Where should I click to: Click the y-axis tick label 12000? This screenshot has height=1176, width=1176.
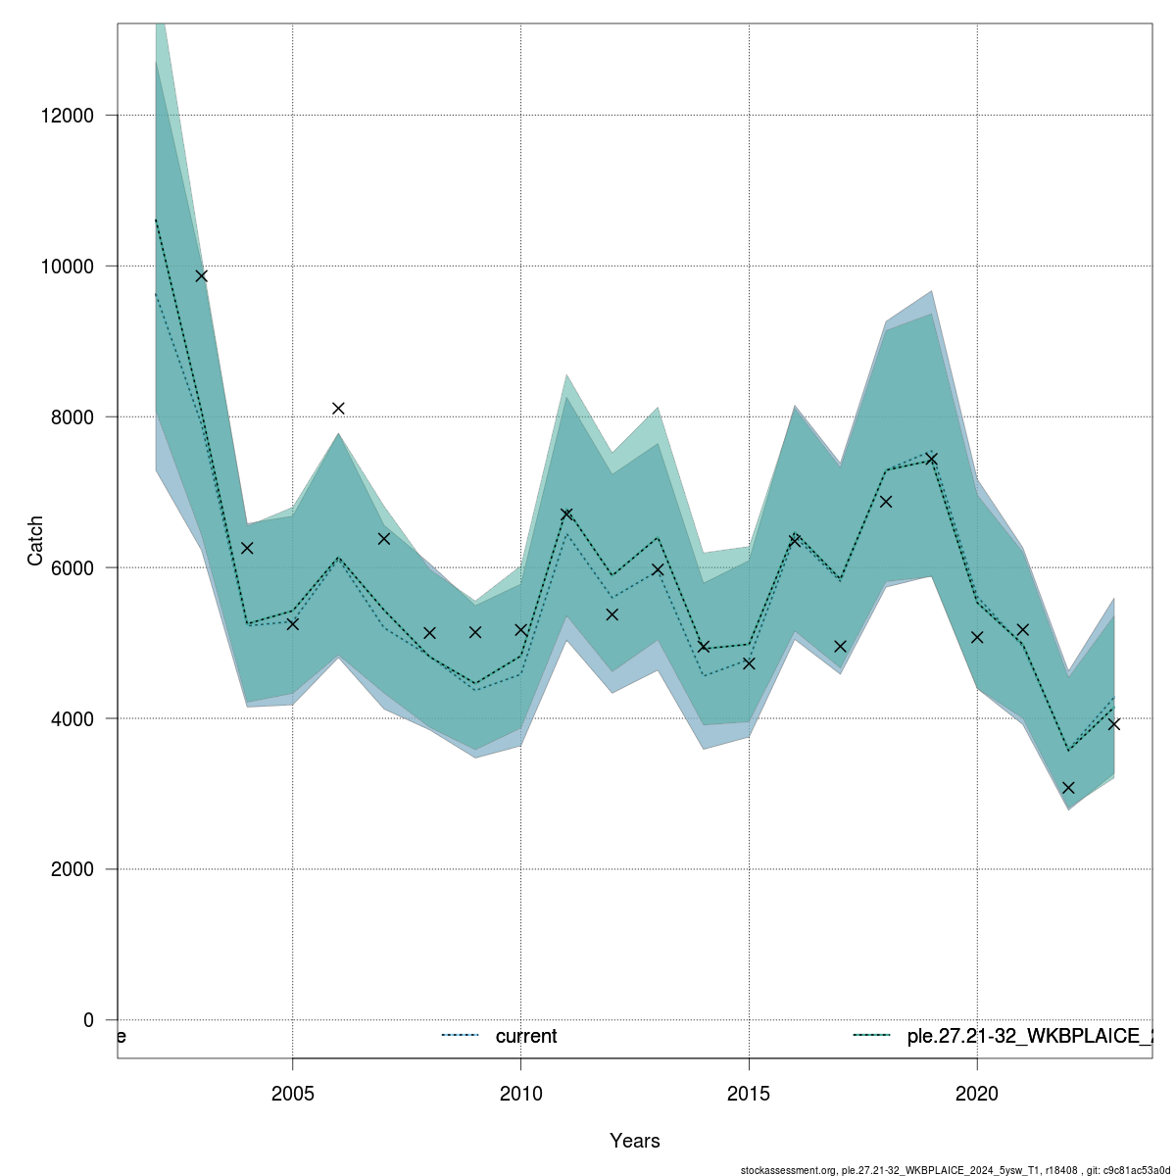(67, 116)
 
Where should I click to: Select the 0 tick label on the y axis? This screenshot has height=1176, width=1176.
(88, 1020)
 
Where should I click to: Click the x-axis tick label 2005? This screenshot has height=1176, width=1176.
(292, 1093)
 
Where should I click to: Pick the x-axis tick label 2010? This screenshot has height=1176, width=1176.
(520, 1093)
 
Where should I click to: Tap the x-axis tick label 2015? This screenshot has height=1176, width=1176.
(749, 1093)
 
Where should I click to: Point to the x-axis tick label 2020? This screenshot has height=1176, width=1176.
(977, 1093)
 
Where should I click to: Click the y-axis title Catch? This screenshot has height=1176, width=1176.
(35, 541)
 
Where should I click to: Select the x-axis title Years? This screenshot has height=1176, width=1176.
(634, 1141)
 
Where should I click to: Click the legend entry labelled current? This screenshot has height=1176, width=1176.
(525, 1036)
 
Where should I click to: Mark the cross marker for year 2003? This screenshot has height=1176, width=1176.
(201, 275)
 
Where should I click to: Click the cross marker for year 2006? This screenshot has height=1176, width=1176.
(338, 408)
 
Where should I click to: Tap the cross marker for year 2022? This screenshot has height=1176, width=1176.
(1068, 788)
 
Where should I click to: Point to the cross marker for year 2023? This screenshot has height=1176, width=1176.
(1113, 724)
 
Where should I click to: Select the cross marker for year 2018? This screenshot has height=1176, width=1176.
(886, 502)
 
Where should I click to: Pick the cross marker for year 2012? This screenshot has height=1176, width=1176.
(612, 614)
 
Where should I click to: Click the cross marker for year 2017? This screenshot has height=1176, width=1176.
(840, 646)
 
